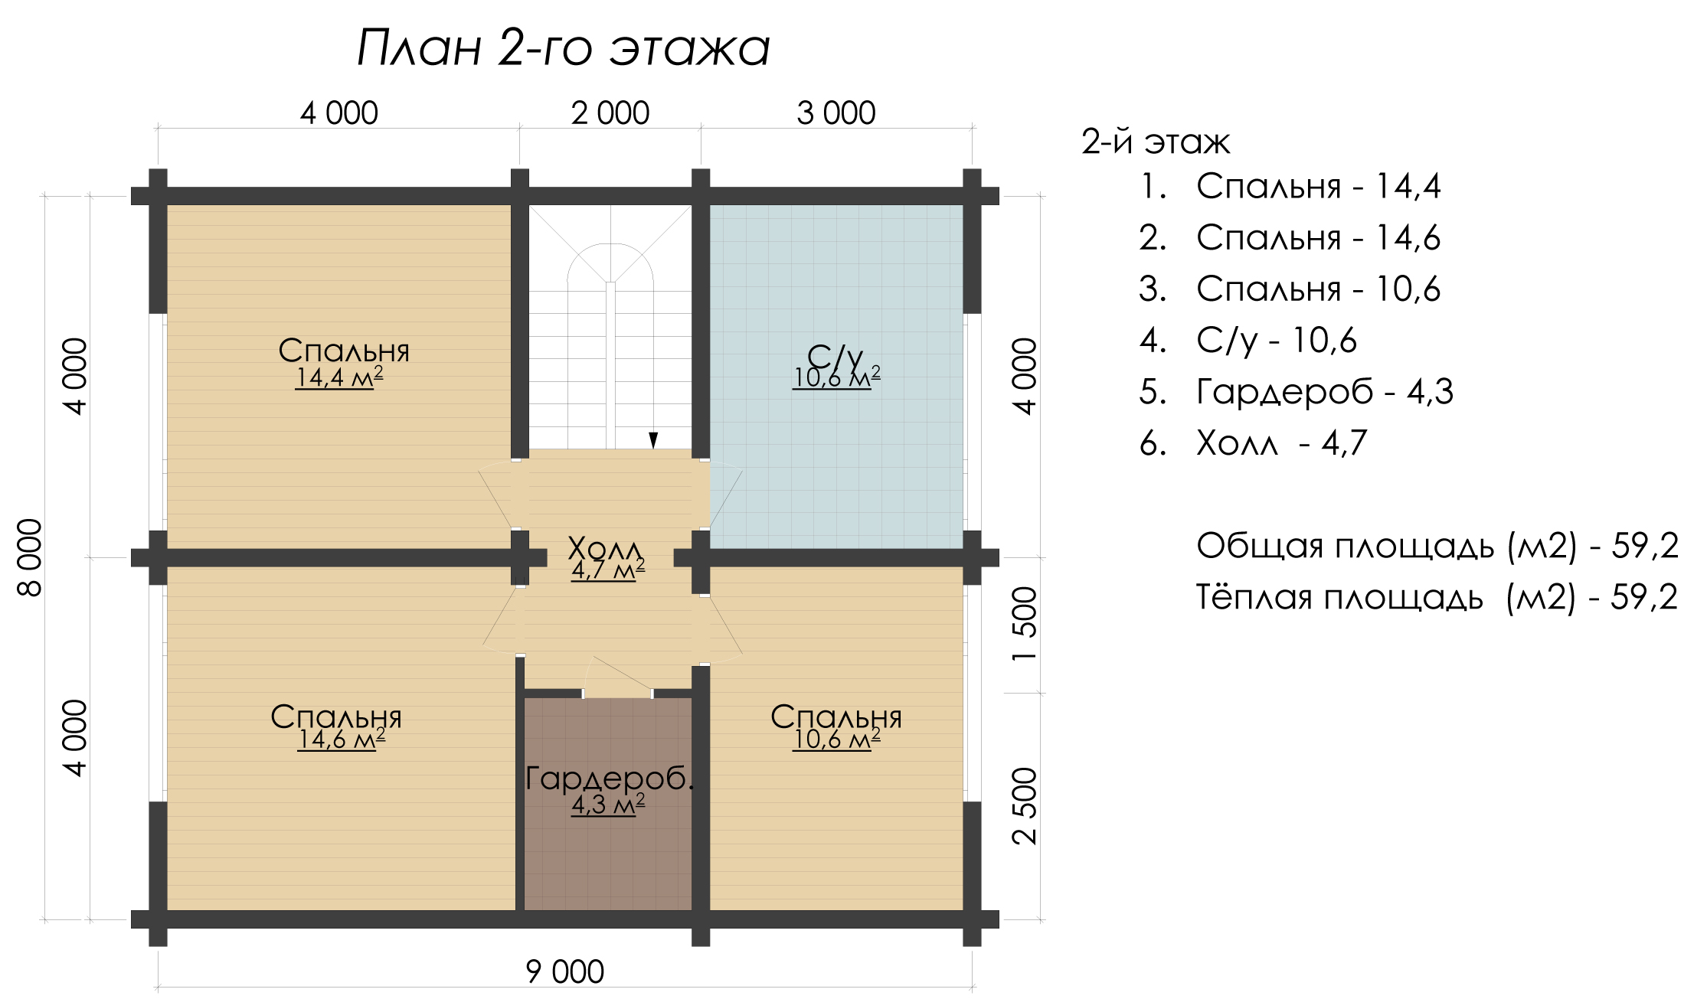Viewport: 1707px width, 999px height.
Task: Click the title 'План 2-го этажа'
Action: [564, 47]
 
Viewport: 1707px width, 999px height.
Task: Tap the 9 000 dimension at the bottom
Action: [565, 971]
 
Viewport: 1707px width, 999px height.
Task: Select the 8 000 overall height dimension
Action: [30, 557]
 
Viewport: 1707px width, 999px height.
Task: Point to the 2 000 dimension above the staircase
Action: [610, 113]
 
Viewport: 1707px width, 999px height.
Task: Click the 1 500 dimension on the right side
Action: [1024, 623]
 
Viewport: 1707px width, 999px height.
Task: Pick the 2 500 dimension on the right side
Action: [1024, 806]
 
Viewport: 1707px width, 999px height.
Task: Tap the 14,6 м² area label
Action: [342, 739]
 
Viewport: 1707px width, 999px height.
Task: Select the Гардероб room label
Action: [610, 778]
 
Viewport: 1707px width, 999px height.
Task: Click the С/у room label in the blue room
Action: [835, 355]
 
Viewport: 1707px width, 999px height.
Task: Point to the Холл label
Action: [605, 548]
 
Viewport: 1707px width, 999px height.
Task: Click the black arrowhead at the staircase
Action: [653, 440]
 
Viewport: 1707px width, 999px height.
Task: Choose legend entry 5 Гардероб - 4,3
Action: [1296, 392]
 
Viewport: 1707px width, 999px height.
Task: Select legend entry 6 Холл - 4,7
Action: [1253, 443]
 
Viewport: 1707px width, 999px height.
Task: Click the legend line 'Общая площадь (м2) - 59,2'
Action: [1437, 546]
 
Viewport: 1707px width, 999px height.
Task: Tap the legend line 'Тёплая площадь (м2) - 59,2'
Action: [1437, 597]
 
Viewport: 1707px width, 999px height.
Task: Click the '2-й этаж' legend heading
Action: [1156, 142]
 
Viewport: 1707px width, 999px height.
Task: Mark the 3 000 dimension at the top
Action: [836, 113]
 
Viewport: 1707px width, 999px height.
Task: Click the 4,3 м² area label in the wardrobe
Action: [608, 805]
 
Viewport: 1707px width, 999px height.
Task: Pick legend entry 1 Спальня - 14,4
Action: [1290, 186]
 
